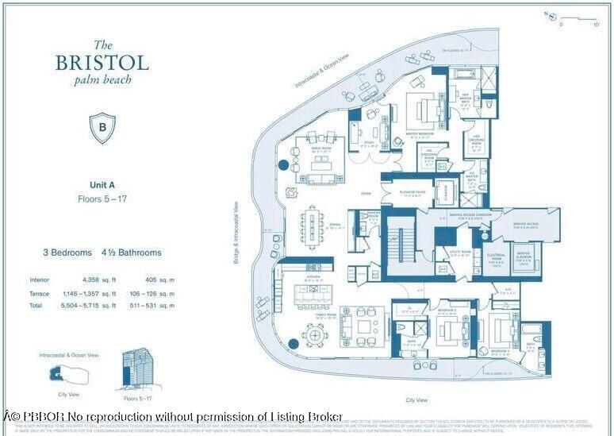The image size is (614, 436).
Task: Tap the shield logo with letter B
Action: [102, 128]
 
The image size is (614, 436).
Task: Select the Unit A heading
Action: [102, 185]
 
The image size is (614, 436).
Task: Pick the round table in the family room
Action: [316, 336]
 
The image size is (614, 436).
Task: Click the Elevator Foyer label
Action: [403, 195]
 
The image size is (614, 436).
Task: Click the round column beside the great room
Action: [284, 166]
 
